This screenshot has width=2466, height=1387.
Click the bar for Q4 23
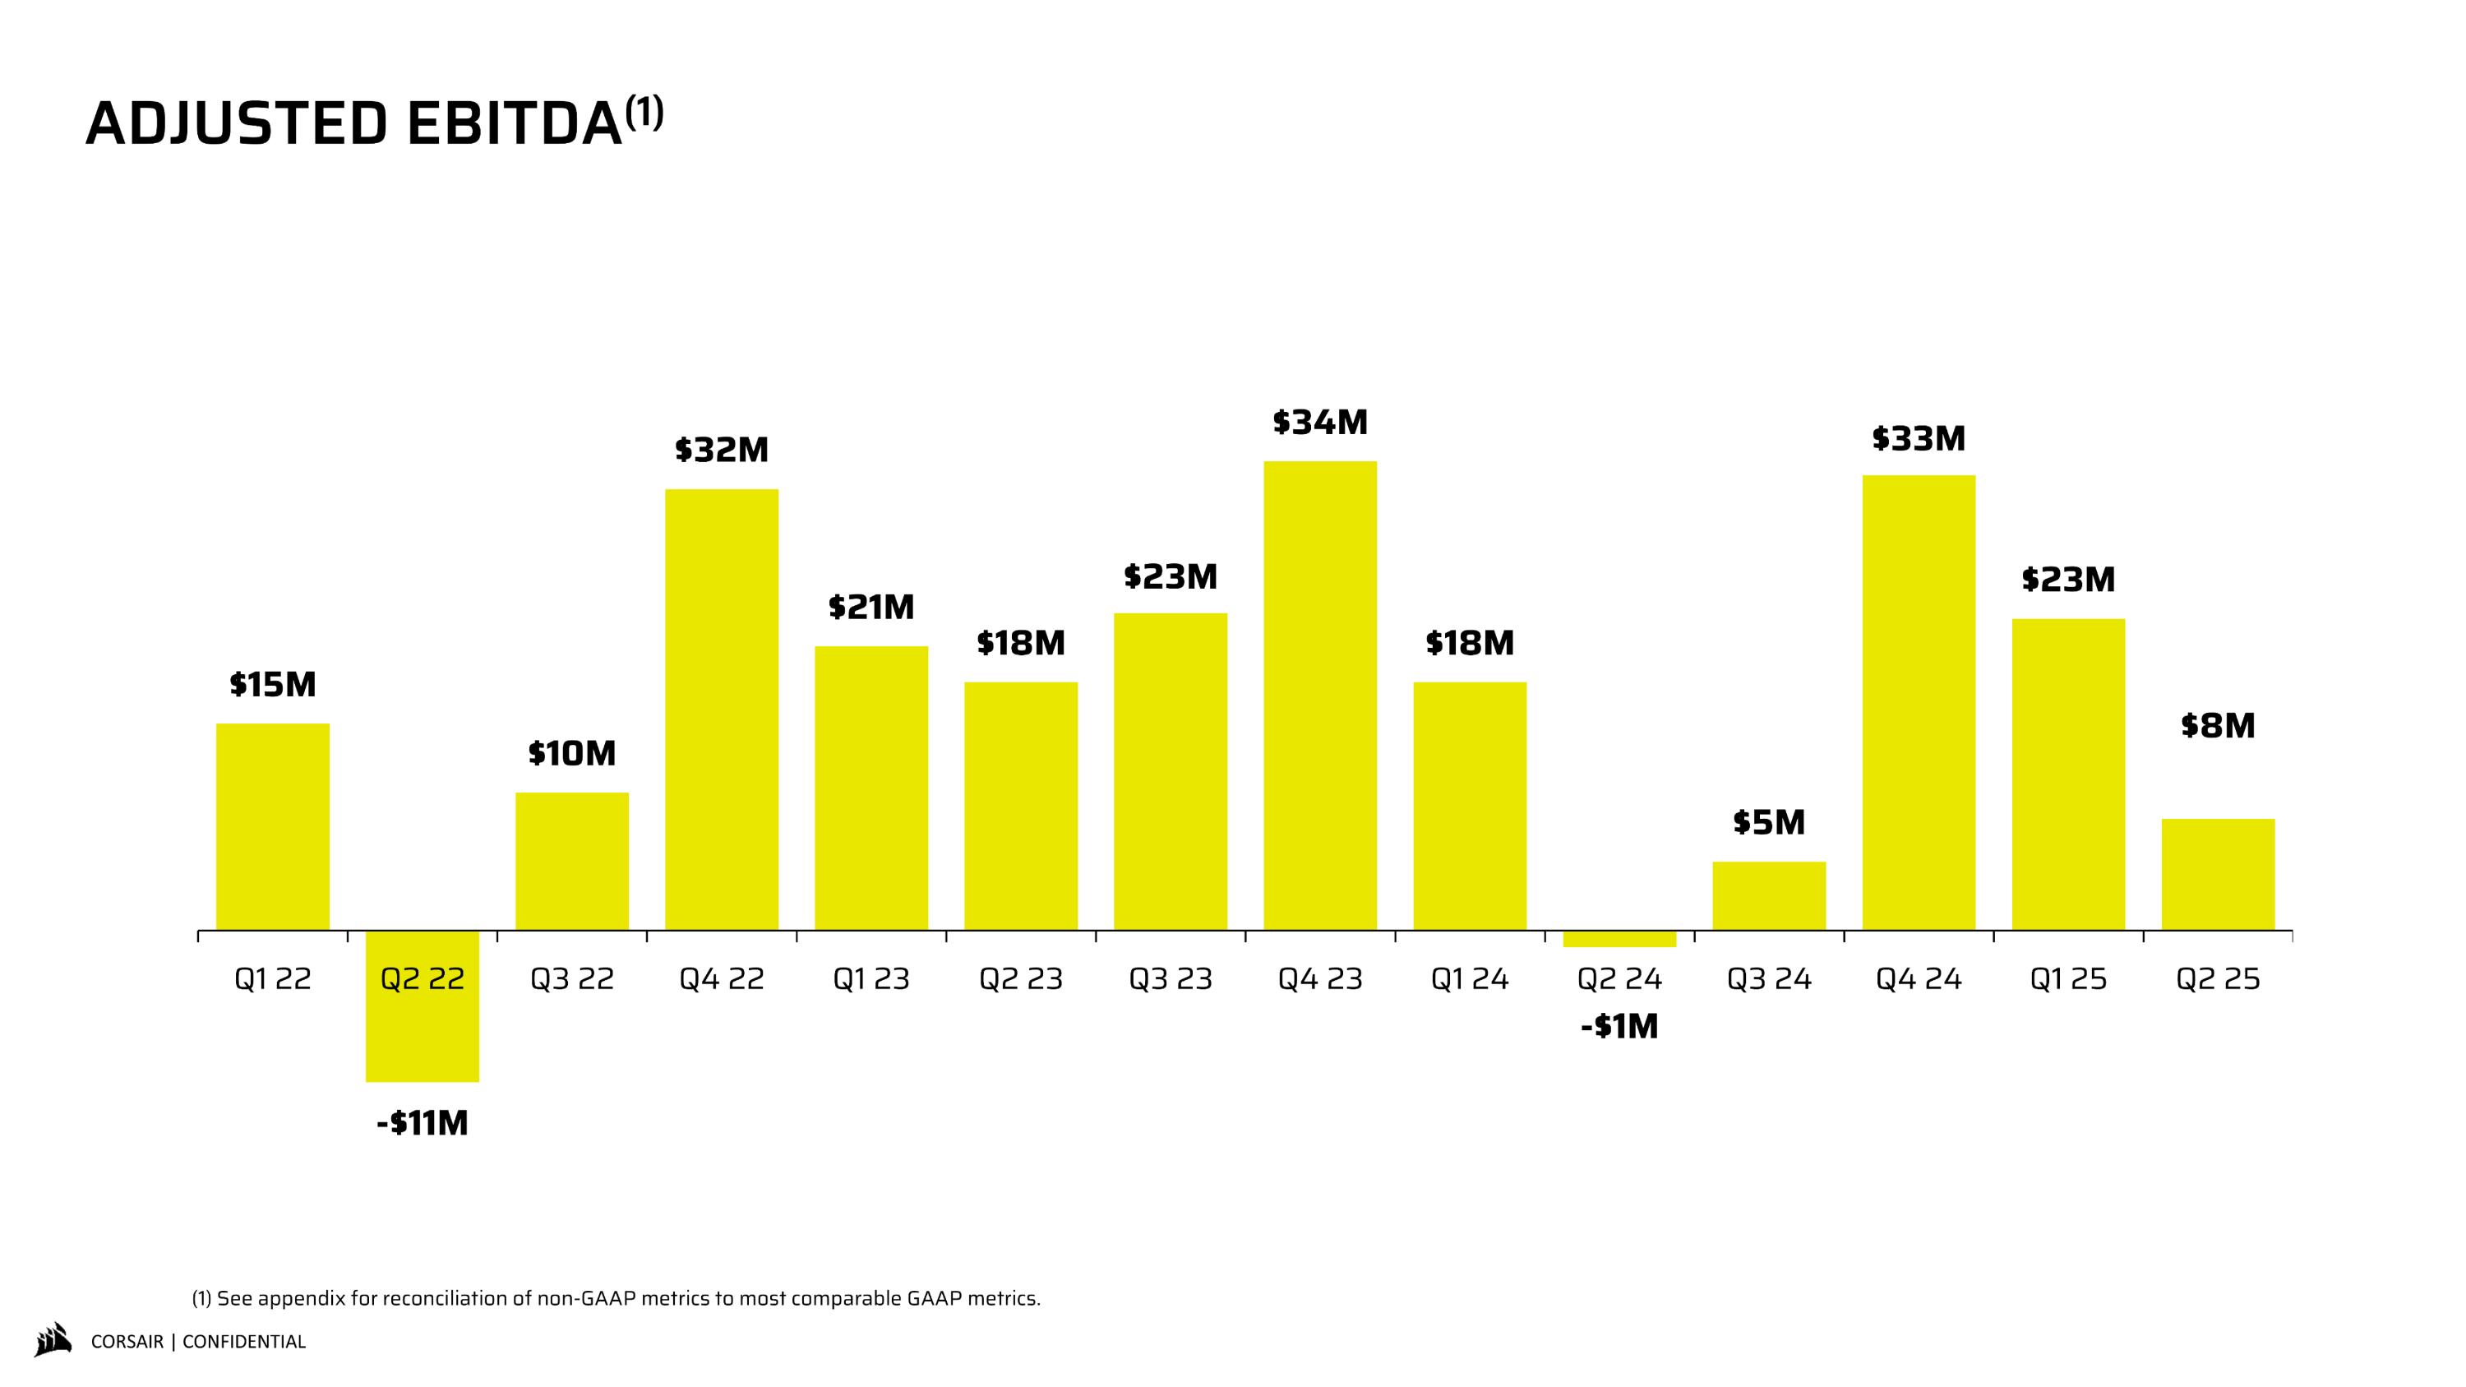[1320, 696]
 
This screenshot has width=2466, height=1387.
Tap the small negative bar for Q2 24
[1619, 939]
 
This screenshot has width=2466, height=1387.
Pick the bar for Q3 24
[1769, 896]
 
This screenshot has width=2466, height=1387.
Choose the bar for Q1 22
[273, 827]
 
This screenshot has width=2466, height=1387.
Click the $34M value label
[1320, 422]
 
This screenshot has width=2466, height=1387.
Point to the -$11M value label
[423, 1123]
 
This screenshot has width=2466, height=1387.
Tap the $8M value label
[2218, 726]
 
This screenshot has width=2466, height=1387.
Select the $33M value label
[1919, 438]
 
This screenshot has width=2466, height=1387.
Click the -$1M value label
[1619, 1027]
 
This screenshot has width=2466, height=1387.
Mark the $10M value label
[571, 754]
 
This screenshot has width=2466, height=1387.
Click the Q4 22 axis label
[722, 979]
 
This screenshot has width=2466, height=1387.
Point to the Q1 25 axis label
[2068, 979]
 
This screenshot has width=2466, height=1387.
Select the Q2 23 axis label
[1020, 979]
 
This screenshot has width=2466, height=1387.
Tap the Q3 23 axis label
[1170, 979]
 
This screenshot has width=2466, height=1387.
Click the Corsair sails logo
[53, 1340]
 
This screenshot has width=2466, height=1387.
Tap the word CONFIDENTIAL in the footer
[244, 1342]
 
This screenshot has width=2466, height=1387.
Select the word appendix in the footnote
[304, 1299]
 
